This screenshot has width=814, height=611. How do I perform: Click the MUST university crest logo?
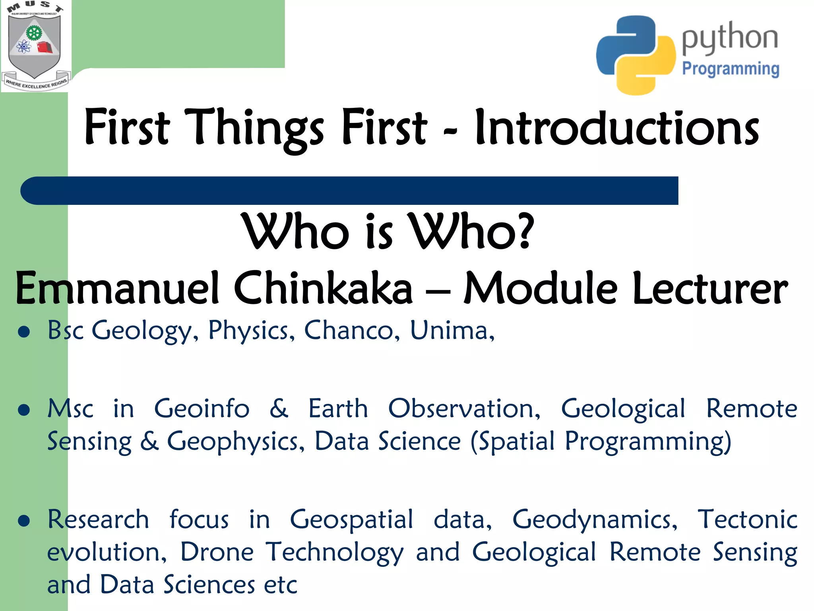tap(35, 46)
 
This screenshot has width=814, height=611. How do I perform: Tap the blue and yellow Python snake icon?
tap(635, 55)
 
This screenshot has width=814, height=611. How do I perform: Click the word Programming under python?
tap(731, 69)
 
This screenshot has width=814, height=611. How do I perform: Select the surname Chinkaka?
tap(323, 288)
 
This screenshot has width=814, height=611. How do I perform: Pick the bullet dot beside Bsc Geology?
tap(24, 332)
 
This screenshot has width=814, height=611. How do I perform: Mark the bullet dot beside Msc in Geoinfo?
tap(24, 410)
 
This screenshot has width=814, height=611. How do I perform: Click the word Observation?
tap(464, 409)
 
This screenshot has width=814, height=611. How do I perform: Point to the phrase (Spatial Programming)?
tap(601, 442)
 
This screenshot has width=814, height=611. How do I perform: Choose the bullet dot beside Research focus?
tap(24, 521)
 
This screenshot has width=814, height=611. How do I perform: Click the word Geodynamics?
tap(595, 520)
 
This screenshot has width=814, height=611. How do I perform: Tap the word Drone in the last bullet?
tap(217, 552)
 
